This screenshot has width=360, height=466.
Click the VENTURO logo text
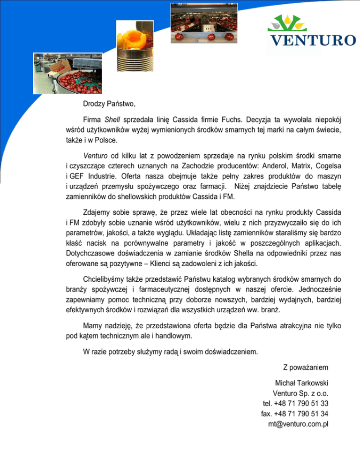[311, 40]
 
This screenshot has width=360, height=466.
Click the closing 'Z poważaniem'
[305, 367]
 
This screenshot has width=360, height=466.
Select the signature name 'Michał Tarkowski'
[302, 382]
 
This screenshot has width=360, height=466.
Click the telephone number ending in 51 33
[295, 403]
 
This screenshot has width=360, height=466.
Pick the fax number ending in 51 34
[294, 413]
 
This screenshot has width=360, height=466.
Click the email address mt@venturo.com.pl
[298, 424]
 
